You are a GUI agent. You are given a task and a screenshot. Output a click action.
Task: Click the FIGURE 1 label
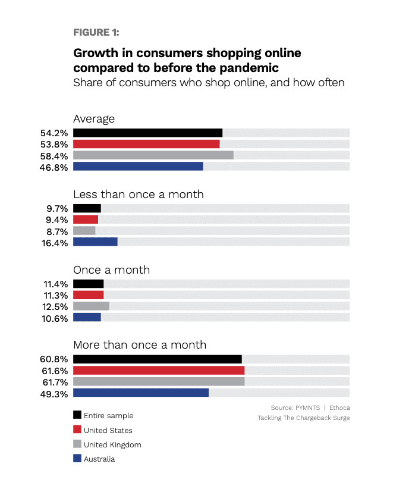click(x=99, y=32)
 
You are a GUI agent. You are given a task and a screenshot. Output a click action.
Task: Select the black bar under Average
click(x=147, y=133)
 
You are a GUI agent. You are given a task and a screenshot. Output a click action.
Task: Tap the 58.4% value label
click(x=54, y=156)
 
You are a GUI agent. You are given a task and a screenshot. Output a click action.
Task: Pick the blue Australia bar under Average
click(x=138, y=167)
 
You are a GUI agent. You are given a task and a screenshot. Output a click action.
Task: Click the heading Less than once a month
click(x=138, y=195)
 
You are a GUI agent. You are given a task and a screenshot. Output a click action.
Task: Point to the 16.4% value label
click(x=54, y=242)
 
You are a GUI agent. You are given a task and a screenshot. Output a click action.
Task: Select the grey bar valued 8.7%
click(x=84, y=230)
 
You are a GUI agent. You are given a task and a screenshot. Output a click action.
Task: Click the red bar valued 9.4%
click(x=86, y=219)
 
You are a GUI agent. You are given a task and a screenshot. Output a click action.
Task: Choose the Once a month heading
click(x=111, y=270)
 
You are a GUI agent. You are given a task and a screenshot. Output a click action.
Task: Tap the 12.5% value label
click(x=54, y=306)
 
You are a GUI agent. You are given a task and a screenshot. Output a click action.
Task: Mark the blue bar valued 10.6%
click(x=87, y=317)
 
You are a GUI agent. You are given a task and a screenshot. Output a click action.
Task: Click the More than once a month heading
click(x=140, y=345)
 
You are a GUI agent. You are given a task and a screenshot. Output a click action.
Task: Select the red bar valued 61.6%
click(x=159, y=371)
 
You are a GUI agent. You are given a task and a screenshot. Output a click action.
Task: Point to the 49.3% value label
click(x=54, y=393)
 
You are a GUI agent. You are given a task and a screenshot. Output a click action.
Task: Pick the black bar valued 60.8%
click(x=158, y=359)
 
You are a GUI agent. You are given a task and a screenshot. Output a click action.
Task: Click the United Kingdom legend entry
click(x=112, y=444)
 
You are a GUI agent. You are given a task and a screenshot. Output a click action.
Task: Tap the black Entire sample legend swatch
click(x=77, y=415)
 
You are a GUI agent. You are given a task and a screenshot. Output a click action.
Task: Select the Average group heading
click(x=94, y=119)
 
